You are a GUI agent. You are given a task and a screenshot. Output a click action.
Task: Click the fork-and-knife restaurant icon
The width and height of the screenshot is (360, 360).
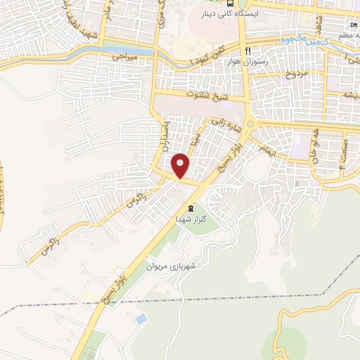(x=247, y=52)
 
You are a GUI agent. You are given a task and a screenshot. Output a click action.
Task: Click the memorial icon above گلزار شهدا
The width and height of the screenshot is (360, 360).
(x=191, y=208)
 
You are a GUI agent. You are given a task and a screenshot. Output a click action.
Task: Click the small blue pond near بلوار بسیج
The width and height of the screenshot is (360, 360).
(x=141, y=319)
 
